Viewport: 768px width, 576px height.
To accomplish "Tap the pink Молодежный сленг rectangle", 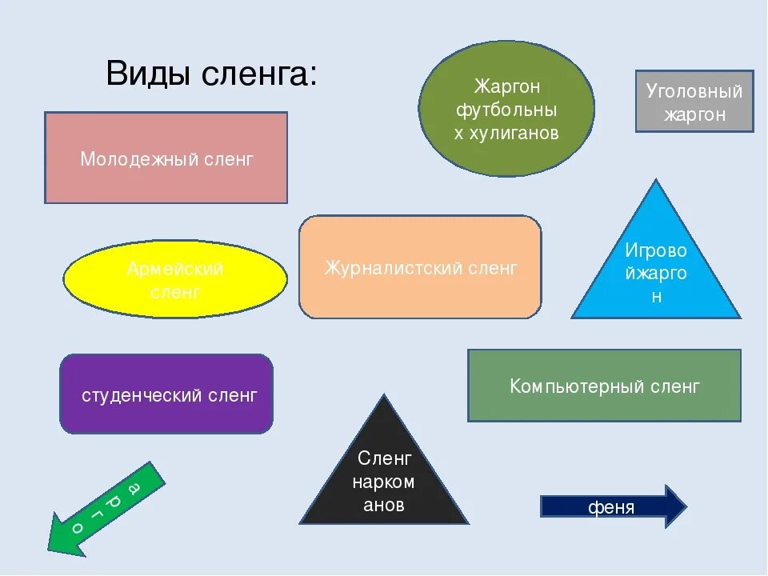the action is pyautogui.click(x=166, y=158).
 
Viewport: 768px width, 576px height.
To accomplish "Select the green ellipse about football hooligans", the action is pyautogui.click(x=506, y=109).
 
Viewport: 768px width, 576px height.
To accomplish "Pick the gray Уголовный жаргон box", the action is pyautogui.click(x=694, y=102).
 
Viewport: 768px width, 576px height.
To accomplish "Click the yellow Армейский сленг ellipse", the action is pyautogui.click(x=174, y=279).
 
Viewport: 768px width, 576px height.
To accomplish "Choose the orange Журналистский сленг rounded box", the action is pyautogui.click(x=420, y=267).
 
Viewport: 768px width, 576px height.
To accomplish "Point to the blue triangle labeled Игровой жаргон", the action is pyautogui.click(x=656, y=264).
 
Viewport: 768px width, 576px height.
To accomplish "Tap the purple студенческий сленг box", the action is pyautogui.click(x=166, y=394).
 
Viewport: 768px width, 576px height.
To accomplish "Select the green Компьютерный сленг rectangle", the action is pyautogui.click(x=604, y=386).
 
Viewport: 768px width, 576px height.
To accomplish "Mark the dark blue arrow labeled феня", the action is pyautogui.click(x=613, y=506).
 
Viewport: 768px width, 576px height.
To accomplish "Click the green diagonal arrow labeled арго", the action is pyautogui.click(x=104, y=509).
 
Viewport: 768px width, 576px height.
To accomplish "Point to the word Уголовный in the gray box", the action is pyautogui.click(x=694, y=91).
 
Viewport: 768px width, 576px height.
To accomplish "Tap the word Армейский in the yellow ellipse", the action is pyautogui.click(x=175, y=269).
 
